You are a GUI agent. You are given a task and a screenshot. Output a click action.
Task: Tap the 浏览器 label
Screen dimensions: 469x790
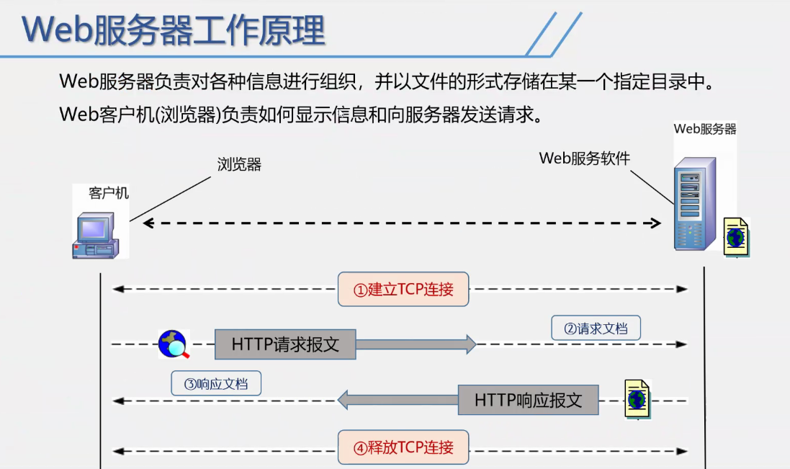click(239, 165)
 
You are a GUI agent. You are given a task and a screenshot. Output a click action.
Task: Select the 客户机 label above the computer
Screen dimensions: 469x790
click(109, 193)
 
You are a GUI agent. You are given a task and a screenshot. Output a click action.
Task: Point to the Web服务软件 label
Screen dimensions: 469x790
click(584, 158)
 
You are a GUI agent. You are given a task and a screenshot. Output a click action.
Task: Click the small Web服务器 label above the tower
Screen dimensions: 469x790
click(705, 129)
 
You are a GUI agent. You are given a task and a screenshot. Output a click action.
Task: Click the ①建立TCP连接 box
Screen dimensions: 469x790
click(403, 290)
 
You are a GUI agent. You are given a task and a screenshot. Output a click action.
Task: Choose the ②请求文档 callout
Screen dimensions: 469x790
click(596, 329)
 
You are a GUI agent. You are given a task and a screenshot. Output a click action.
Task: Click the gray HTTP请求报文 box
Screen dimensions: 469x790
click(285, 344)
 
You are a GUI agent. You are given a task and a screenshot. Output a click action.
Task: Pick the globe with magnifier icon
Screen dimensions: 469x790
click(174, 344)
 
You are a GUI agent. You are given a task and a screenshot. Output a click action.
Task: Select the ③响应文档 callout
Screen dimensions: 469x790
click(216, 383)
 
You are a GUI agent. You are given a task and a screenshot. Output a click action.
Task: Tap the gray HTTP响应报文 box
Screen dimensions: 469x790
click(528, 400)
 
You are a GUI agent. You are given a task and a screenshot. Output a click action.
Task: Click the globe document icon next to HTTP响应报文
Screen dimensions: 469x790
click(637, 398)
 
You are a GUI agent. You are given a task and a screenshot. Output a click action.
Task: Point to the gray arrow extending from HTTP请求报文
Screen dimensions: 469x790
click(416, 344)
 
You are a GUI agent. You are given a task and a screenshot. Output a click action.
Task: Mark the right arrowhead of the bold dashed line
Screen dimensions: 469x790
click(656, 223)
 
